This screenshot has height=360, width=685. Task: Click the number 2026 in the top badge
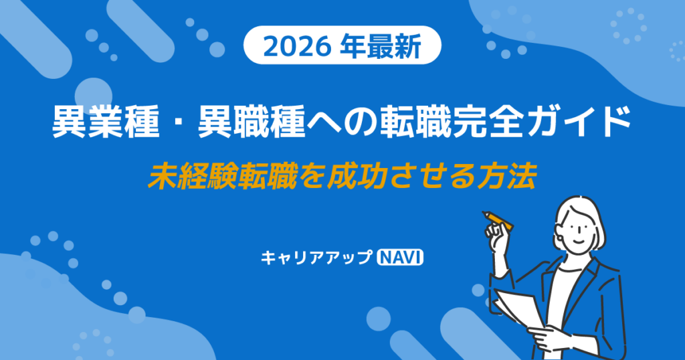pos(297,46)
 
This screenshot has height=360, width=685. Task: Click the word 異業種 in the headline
pos(106,122)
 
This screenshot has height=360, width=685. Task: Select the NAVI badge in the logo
pos(400,258)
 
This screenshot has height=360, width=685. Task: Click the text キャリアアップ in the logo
pos(316,258)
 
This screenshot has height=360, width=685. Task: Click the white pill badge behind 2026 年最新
pos(342,46)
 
